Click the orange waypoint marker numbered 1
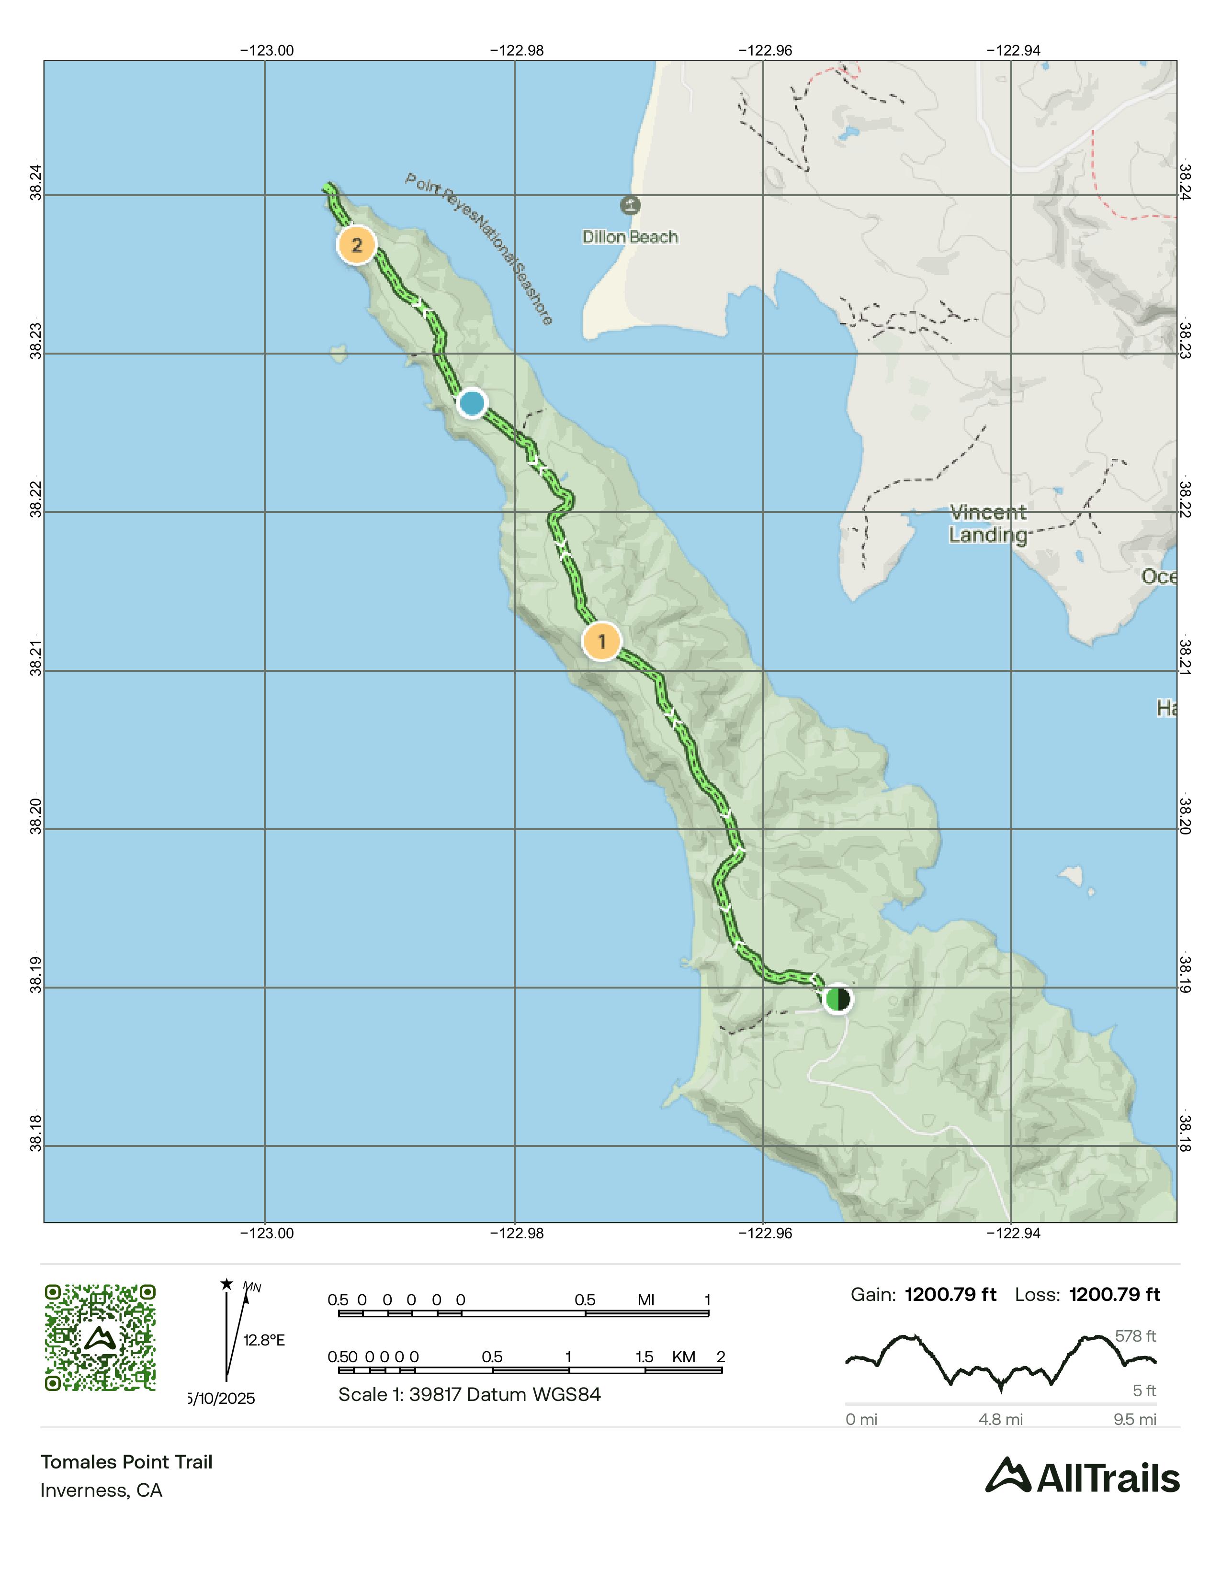pos(601,641)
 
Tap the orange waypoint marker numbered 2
pos(357,245)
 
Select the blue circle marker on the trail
pos(472,403)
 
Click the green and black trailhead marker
pos(837,999)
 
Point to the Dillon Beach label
pos(630,237)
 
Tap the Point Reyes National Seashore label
pos(479,248)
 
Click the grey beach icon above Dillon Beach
pos(630,205)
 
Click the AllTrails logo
pos(1082,1477)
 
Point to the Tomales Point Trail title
pos(126,1462)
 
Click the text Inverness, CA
pos(101,1490)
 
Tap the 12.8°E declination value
pos(264,1340)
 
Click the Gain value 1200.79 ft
pos(950,1295)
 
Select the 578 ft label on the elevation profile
pos(1135,1336)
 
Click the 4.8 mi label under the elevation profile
pos(1000,1419)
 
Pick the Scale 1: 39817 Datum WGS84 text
pos(469,1395)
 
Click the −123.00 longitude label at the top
pos(267,51)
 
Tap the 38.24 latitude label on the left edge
pos(35,182)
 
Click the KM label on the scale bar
pos(684,1357)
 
